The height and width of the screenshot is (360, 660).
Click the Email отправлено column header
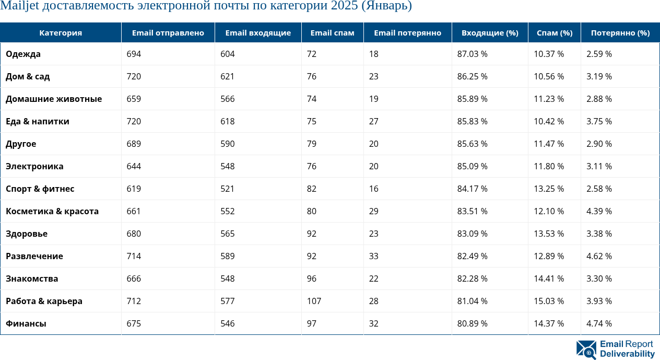pos(168,33)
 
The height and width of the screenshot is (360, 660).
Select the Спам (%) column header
pos(555,33)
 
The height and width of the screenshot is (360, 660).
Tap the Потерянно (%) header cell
pos(620,33)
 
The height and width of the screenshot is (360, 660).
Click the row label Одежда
pos(23,54)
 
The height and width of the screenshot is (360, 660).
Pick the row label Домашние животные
pos(54,99)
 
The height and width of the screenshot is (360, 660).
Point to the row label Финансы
pos(26,323)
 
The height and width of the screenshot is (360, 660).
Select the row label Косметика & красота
pos(52,211)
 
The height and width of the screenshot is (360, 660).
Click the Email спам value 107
pos(314,301)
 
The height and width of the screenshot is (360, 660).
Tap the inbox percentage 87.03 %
pos(472,54)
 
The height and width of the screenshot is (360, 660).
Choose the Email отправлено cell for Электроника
pos(134,166)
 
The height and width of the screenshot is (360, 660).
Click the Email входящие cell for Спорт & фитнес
pos(227,189)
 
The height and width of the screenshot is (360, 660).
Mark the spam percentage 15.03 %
pos(549,301)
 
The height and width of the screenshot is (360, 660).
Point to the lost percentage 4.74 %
pos(599,323)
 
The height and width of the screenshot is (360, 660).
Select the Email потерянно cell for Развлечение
pos(373,256)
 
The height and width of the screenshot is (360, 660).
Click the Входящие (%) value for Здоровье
pos(472,234)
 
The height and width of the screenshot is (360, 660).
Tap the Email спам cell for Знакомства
pos(312,278)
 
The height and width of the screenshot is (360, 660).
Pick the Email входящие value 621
pos(227,76)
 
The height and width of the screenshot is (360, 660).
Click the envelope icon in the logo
pos(586,350)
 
